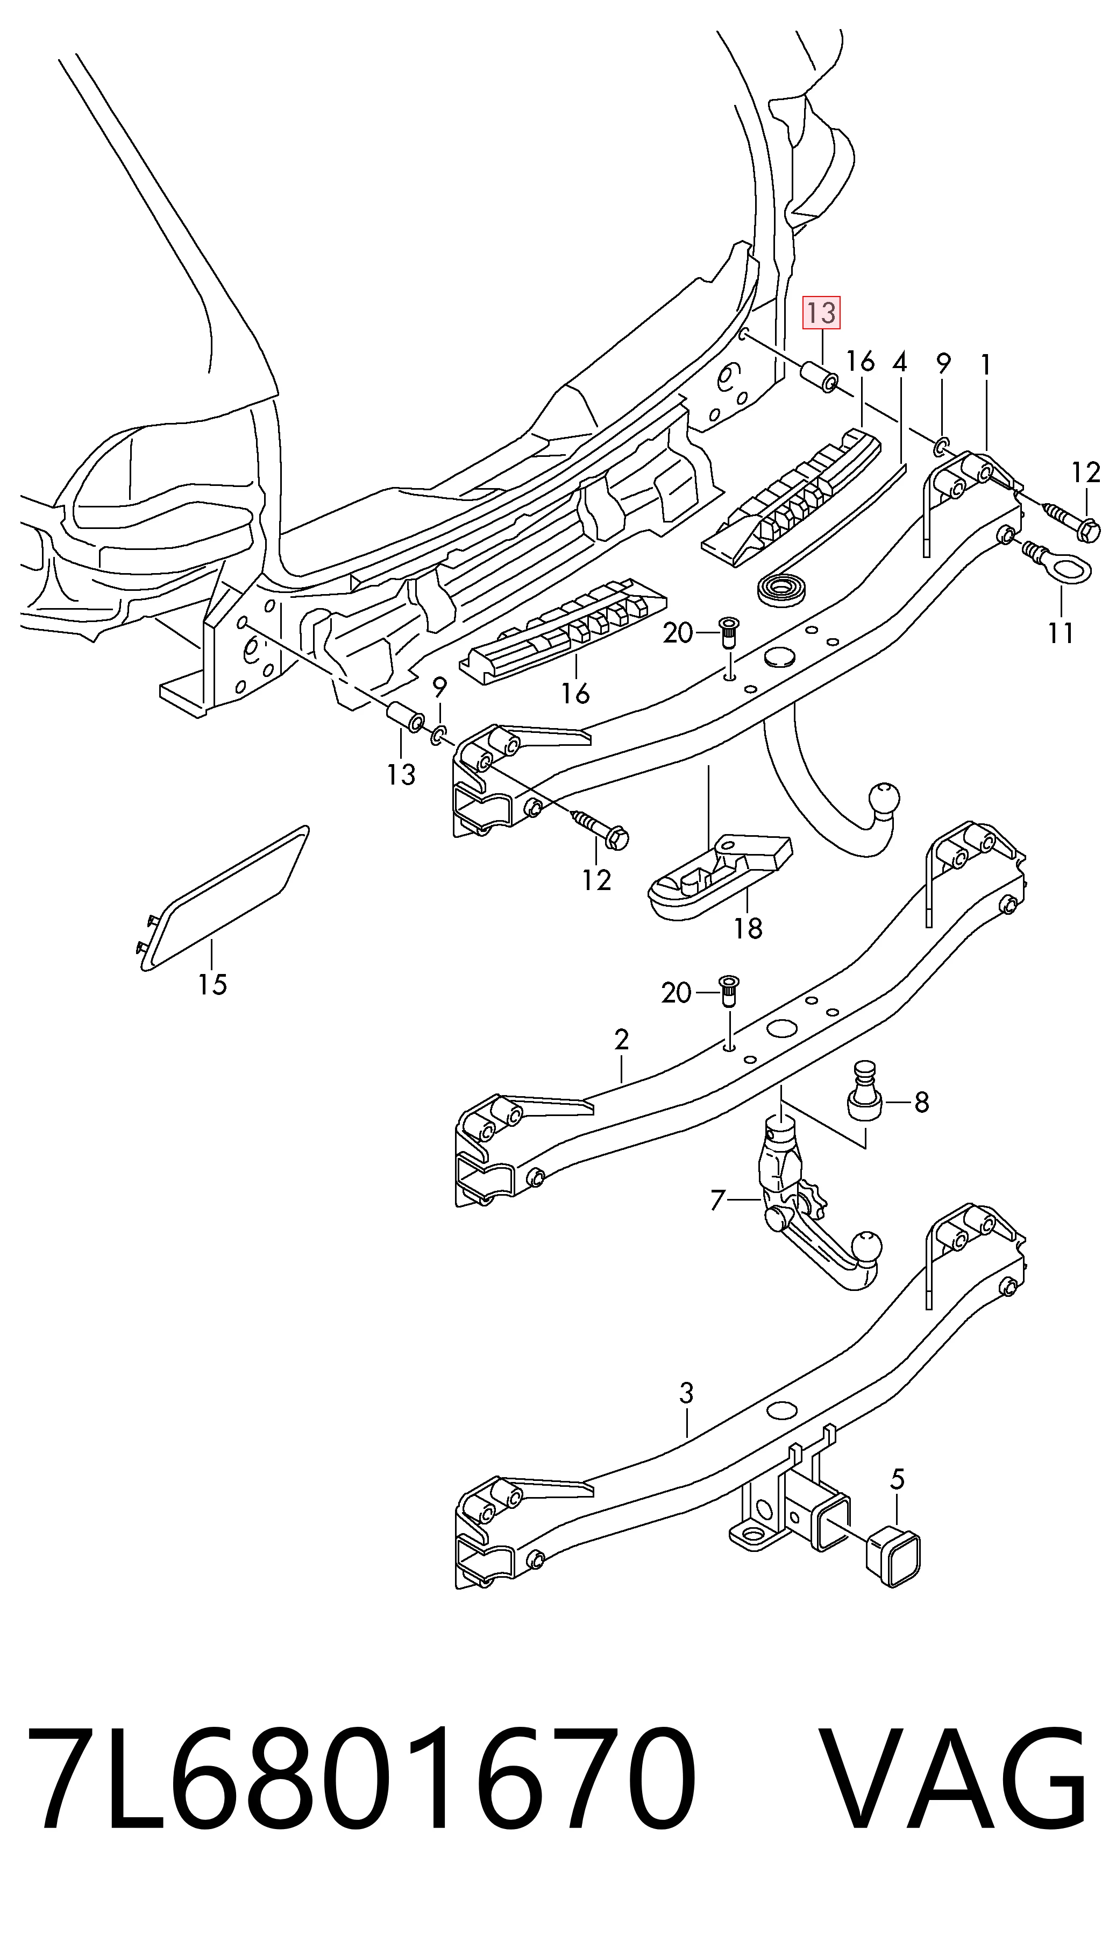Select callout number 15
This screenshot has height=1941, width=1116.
212,984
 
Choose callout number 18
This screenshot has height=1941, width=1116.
748,929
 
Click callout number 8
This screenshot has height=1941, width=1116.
921,1103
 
